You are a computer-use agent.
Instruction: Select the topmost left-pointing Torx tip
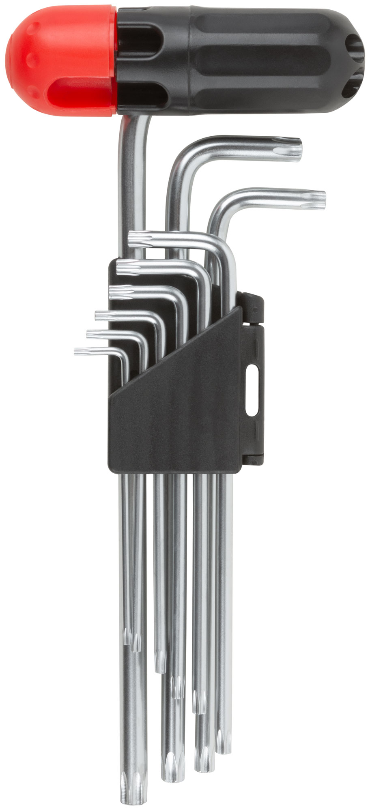136,239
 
